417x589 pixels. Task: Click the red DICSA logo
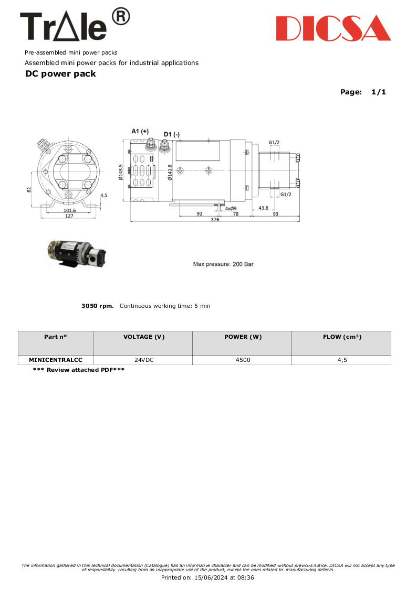click(x=333, y=28)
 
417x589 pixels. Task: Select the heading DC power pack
click(x=60, y=74)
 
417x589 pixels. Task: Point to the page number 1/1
click(x=378, y=92)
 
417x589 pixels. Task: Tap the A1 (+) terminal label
click(x=140, y=131)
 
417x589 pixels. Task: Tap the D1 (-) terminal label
click(x=171, y=135)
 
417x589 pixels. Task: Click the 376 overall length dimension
click(x=215, y=220)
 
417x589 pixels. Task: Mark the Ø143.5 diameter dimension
click(x=121, y=171)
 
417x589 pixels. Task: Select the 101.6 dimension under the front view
click(x=69, y=210)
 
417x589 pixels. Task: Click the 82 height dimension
click(x=29, y=190)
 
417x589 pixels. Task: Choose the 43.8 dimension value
click(x=264, y=208)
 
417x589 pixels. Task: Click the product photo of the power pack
click(x=77, y=253)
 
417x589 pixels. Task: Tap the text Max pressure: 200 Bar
click(x=223, y=264)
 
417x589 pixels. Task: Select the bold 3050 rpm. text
click(x=98, y=306)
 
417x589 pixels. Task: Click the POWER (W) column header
click(x=242, y=337)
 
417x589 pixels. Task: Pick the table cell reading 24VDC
click(x=143, y=360)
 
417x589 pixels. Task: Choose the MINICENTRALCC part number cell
click(x=56, y=360)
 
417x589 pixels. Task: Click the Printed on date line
click(x=207, y=577)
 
